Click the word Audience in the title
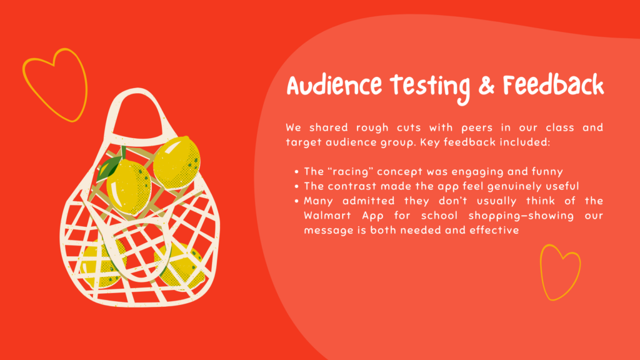point(334,85)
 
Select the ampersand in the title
point(486,86)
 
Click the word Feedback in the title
point(553,85)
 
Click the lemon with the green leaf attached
point(129,186)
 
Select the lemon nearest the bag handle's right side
point(177,163)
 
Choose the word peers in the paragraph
point(477,128)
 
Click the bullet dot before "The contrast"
point(297,186)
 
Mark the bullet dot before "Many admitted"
point(297,201)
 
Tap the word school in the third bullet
point(439,216)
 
